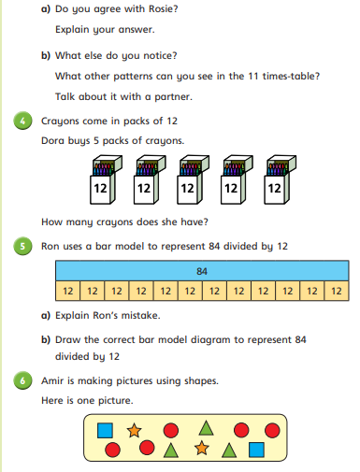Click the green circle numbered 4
[22, 121]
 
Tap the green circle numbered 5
[22, 246]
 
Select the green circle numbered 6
[22, 380]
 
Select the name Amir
[52, 380]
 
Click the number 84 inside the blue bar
[202, 271]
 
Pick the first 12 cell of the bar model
[67, 291]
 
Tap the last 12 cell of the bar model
[337, 291]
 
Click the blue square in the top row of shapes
[105, 430]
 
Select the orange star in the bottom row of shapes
[202, 448]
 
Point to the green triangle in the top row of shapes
[206, 428]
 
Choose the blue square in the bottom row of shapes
[256, 450]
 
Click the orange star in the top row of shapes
[135, 430]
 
